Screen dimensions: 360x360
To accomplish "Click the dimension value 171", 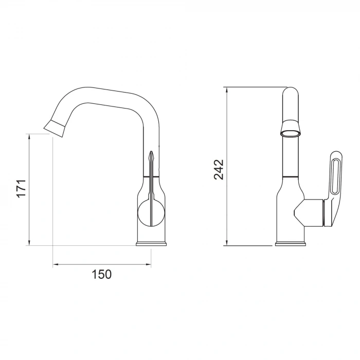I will click(21, 189).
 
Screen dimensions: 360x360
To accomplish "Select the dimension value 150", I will click(101, 274).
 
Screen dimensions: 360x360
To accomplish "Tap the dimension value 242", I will click(219, 169).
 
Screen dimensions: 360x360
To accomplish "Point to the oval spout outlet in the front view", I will click(291, 134).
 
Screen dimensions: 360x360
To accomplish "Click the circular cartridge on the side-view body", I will click(151, 212).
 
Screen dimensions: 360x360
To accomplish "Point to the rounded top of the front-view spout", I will click(291, 93).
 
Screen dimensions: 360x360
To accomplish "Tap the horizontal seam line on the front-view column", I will click(291, 177).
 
